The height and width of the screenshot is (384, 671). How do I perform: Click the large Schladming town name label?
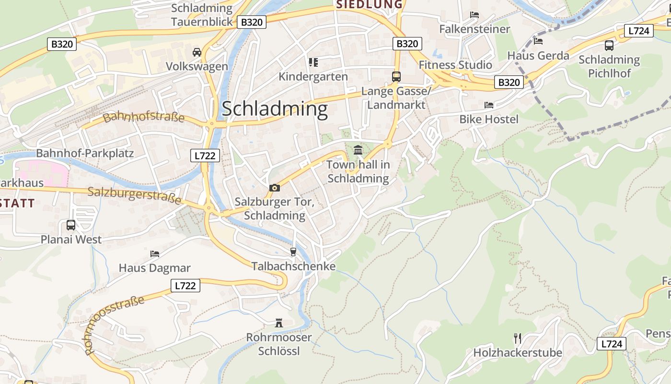coord(275,109)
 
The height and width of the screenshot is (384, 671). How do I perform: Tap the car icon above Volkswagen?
coord(197,52)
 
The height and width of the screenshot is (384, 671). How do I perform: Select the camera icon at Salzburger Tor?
coord(274,188)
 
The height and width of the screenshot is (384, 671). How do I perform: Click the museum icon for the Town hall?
coord(358,150)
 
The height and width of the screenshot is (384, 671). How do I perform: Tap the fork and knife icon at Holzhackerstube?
coord(518,338)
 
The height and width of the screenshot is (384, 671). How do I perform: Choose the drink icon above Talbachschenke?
coord(293,252)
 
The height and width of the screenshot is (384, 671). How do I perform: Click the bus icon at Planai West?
coord(71,225)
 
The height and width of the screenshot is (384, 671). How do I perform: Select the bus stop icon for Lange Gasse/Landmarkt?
coord(396,76)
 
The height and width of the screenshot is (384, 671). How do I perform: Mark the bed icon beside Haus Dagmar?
coord(154,253)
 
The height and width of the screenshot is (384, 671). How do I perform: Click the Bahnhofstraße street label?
coord(143,117)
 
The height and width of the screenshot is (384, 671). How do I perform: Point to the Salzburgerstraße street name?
coord(135,195)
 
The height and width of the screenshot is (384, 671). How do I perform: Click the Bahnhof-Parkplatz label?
coord(85,154)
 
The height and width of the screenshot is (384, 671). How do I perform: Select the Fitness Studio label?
coord(455,65)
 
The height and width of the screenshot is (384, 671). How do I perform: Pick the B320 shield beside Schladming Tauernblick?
coord(252,22)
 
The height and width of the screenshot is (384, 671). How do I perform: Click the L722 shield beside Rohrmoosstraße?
coord(185,286)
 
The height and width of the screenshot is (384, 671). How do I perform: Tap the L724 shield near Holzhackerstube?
coord(612,344)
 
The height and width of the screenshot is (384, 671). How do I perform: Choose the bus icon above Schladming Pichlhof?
coord(609,46)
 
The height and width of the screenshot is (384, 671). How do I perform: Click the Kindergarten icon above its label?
coord(313,62)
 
